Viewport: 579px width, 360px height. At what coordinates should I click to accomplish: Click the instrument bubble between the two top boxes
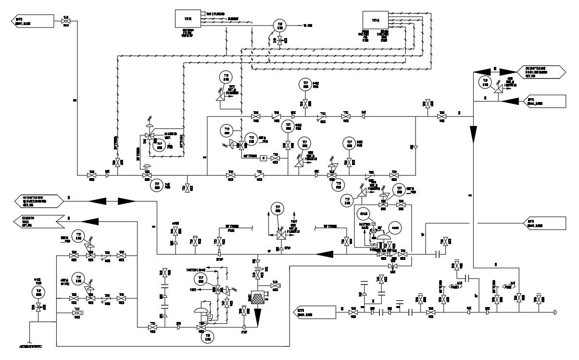click(279, 25)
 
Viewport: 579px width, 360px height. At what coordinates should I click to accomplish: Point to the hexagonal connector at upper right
click(541, 72)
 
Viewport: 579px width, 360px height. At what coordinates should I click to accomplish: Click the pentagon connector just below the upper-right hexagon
click(544, 101)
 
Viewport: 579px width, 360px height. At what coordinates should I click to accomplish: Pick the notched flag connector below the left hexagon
click(36, 222)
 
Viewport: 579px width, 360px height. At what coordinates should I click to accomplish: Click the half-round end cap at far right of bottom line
click(555, 312)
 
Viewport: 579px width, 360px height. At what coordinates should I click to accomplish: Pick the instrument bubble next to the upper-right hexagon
click(486, 82)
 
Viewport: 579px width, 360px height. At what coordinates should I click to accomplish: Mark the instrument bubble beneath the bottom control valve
click(206, 338)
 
